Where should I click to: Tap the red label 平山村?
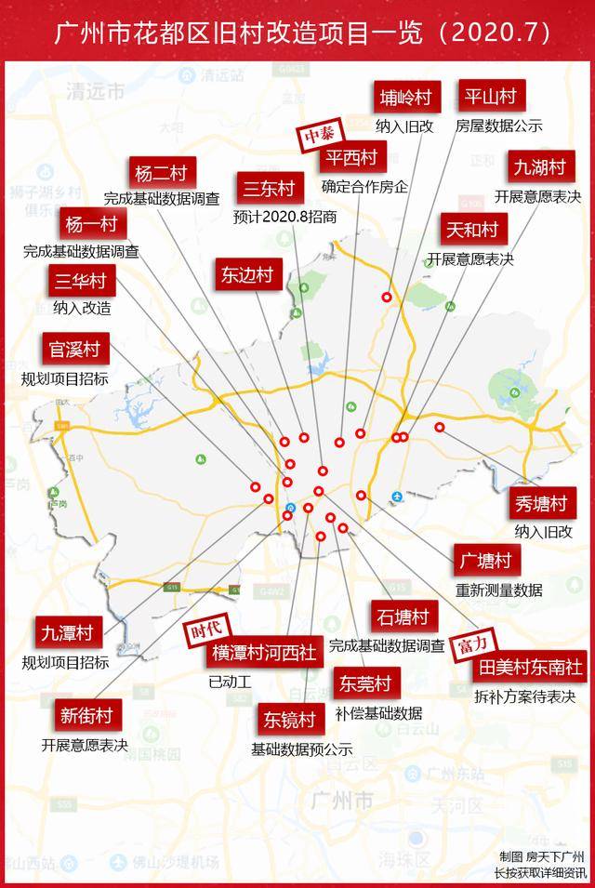coord(489,96)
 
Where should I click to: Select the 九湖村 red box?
coord(539,167)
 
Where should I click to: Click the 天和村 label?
coord(471,229)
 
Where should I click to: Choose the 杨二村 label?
coord(161,173)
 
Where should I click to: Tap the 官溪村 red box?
coord(73,350)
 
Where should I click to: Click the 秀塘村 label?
coord(540,504)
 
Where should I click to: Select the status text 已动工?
coord(231,681)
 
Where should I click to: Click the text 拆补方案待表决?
coord(525,696)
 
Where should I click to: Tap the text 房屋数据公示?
coord(499,126)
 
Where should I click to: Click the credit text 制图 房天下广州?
coord(540,856)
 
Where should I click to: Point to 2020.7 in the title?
coord(488,32)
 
